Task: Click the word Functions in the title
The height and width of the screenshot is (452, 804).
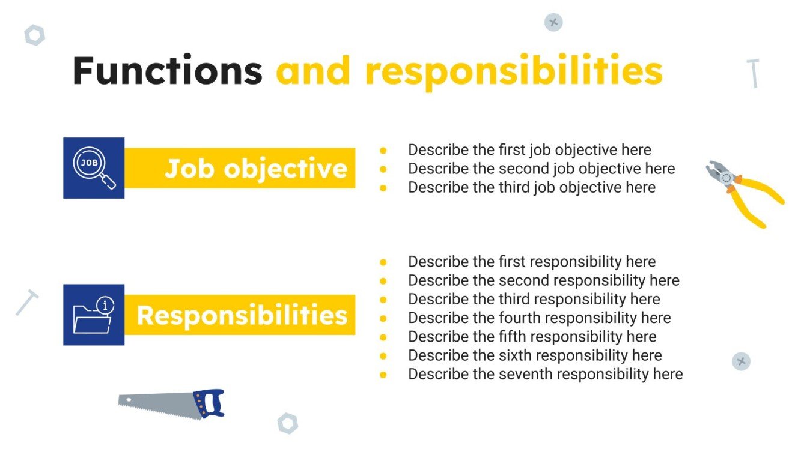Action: [x=167, y=71]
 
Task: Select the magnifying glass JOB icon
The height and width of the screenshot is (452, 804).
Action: [x=94, y=167]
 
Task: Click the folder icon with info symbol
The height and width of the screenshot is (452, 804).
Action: [x=94, y=315]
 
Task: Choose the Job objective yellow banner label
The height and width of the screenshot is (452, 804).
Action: [x=256, y=169]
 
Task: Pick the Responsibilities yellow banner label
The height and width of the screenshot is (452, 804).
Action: [x=242, y=315]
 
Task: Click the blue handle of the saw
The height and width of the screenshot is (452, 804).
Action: [x=210, y=403]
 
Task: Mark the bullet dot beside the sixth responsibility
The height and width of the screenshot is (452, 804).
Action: [x=383, y=356]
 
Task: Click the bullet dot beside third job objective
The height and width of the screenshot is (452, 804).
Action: [x=383, y=188]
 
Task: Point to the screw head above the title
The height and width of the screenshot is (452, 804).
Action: [x=553, y=22]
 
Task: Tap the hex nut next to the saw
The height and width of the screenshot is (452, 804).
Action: [x=288, y=423]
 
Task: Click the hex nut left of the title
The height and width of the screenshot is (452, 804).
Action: [x=34, y=35]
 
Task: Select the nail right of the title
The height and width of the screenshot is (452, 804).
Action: [x=754, y=73]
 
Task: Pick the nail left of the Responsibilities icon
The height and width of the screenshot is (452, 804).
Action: [x=27, y=302]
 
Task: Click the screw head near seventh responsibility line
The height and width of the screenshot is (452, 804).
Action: [x=741, y=361]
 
